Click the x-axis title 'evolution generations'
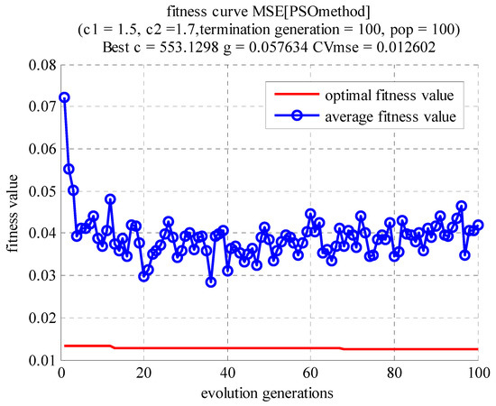coord(269,392)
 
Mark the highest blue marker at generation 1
coord(65,97)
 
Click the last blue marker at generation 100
coord(478,225)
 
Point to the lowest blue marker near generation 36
coord(211,281)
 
